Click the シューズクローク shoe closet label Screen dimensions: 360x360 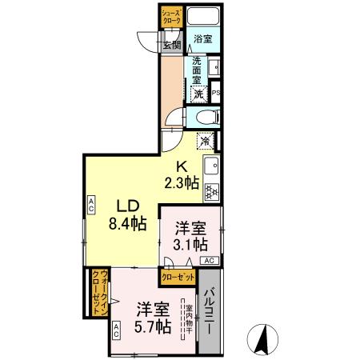pos(172,17)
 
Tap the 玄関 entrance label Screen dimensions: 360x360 pos(171,44)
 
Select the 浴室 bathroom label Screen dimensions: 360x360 pos(202,38)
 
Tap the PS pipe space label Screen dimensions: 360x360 pos(216,94)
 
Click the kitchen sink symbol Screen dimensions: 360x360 pos(212,166)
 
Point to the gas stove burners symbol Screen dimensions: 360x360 pos(212,190)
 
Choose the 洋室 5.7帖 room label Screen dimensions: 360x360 pos(152,317)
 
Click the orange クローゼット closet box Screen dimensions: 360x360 pos(178,277)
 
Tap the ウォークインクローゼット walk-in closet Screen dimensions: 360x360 pos(97,295)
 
